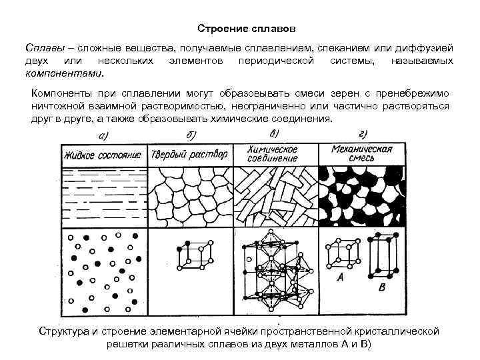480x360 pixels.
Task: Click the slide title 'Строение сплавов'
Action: (240, 30)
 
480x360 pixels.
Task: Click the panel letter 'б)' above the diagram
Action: (191, 136)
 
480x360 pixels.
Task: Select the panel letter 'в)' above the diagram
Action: (273, 135)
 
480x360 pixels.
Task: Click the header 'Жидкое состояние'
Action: (103, 155)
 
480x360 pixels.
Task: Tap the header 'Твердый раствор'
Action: (189, 155)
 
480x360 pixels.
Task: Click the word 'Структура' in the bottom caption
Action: (65, 331)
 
